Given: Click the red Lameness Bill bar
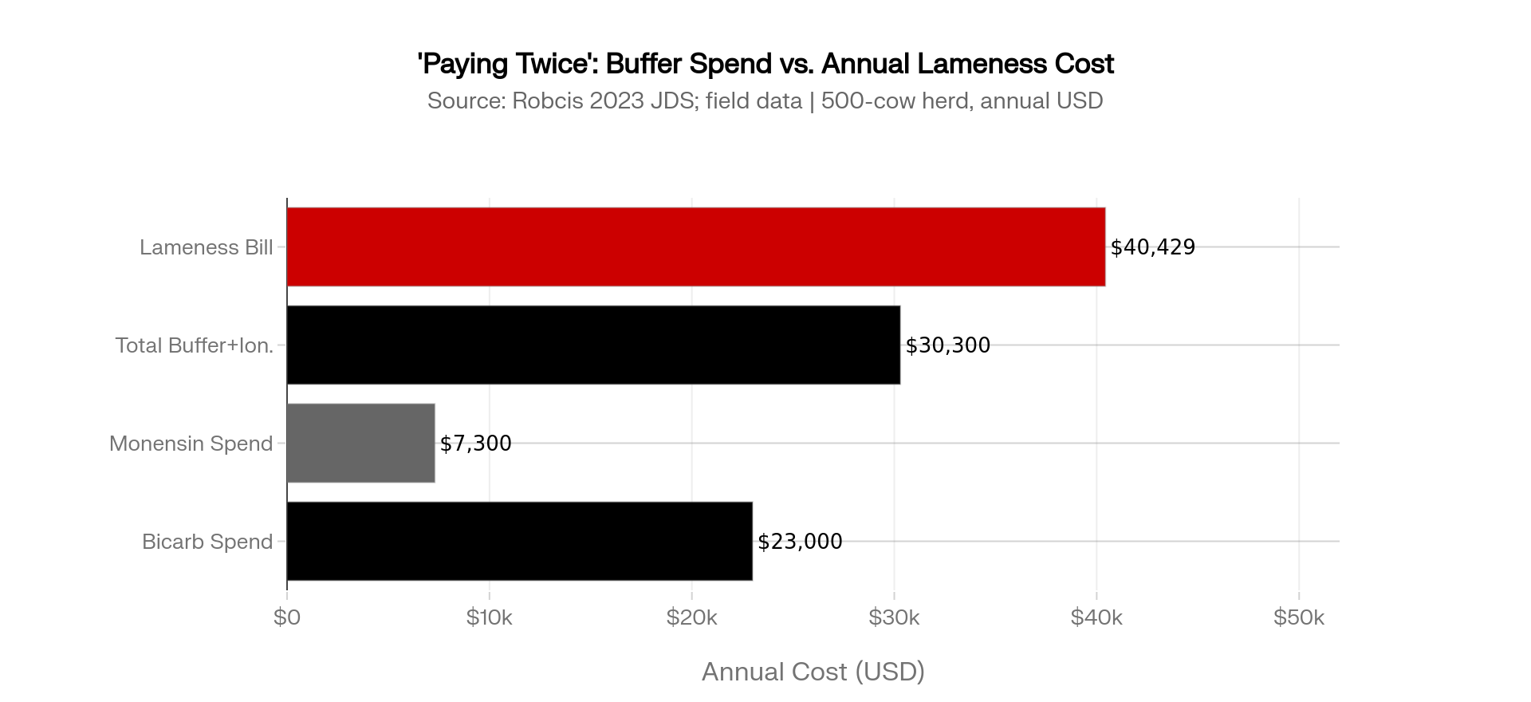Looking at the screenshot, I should point(695,246).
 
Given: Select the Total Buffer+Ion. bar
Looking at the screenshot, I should point(593,345).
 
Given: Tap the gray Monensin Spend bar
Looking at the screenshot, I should point(360,443).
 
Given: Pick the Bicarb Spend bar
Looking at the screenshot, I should point(519,541).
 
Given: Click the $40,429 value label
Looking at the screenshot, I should point(1152,247).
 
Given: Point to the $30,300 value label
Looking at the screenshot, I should point(947,345).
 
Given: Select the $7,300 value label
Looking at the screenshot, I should point(475,444).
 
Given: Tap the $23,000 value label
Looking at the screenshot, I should point(799,542).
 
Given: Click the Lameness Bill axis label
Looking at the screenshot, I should point(206,247).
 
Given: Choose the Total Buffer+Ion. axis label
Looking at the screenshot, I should point(194,345).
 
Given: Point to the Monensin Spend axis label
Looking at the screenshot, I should point(191,444).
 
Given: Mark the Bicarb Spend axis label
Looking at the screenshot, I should point(207,542).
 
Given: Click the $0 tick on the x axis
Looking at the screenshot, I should point(286,617).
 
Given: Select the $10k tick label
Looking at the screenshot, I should point(489,617).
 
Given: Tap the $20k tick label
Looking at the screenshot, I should point(691,617).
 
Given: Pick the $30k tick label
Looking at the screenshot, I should point(894,617).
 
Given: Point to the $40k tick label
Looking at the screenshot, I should point(1096,617).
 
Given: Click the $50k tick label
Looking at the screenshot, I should point(1298,617).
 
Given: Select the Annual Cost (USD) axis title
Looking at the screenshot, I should point(813,672).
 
